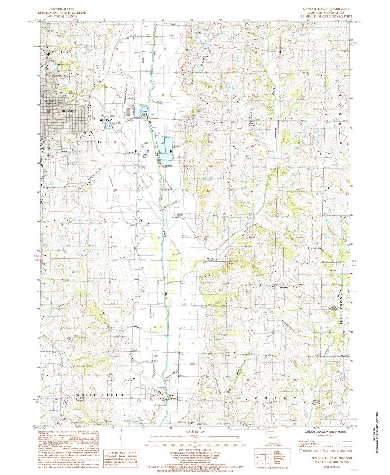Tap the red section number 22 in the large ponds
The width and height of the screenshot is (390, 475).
[x=162, y=143]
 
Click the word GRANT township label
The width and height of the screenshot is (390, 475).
[x=276, y=398]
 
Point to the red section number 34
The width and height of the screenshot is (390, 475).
[x=159, y=237]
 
